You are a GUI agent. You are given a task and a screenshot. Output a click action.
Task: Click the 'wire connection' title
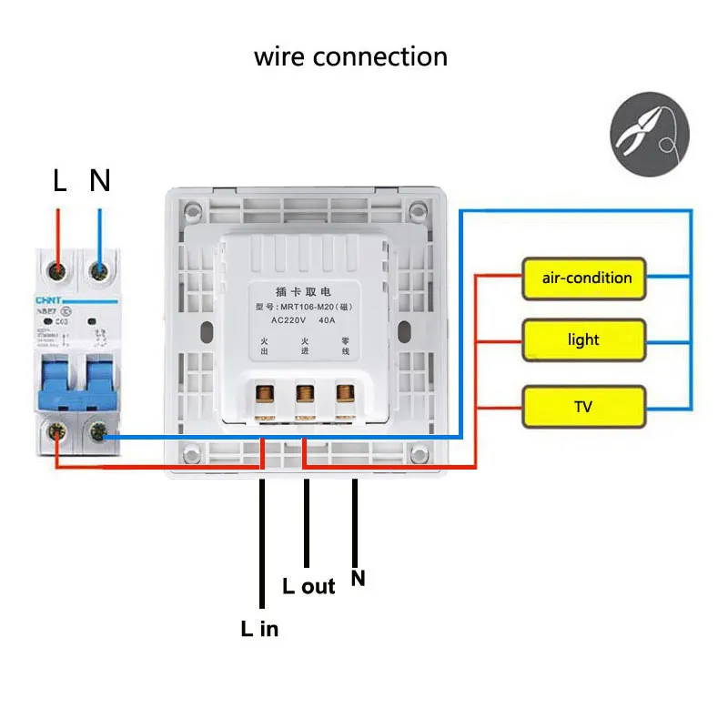pos(350,56)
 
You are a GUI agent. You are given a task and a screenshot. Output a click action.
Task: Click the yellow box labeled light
pos(583,339)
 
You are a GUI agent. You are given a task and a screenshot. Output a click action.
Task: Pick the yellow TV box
pos(583,407)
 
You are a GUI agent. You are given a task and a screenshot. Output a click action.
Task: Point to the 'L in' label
pos(259,628)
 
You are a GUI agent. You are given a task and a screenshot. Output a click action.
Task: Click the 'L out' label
pos(308,586)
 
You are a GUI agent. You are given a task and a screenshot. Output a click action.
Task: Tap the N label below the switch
pos(359,578)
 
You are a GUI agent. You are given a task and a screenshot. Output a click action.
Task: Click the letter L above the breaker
pos(60,181)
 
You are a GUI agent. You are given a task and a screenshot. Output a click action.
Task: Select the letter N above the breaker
pos(99,181)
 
